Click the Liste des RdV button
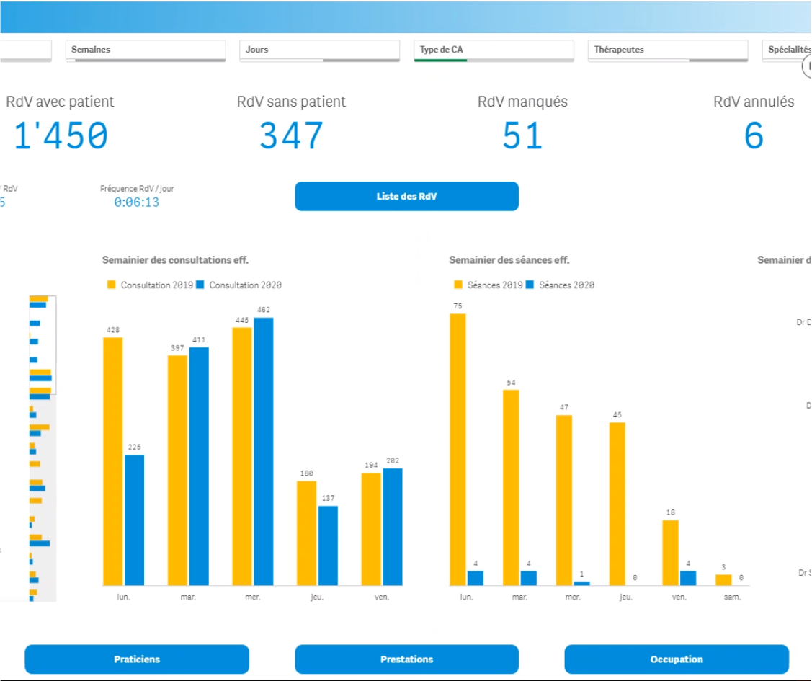coord(406,196)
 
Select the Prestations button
coord(406,659)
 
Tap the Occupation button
coord(676,659)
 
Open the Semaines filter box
coord(145,50)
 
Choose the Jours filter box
coord(319,50)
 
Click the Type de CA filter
coord(494,50)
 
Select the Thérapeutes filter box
coord(668,50)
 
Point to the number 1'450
coord(61,135)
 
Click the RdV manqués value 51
coord(522,135)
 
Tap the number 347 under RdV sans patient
coord(291,135)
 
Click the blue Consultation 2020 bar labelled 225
coord(134,519)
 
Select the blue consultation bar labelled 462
coord(264,450)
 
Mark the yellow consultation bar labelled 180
coord(306,533)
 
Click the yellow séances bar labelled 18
coord(670,552)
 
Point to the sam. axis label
coord(732,597)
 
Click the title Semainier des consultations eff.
coord(180,259)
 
